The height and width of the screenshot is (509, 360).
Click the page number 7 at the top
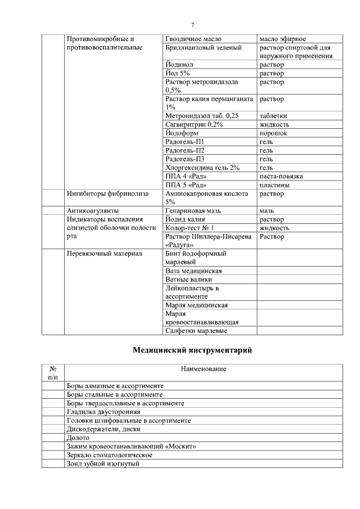pyautogui.click(x=192, y=25)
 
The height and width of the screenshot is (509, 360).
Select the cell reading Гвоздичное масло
pyautogui.click(x=193, y=39)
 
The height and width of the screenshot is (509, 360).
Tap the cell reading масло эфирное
pyautogui.click(x=282, y=39)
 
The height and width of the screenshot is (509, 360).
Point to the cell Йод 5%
pyautogui.click(x=178, y=74)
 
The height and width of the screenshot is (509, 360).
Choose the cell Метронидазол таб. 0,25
pyautogui.click(x=202, y=116)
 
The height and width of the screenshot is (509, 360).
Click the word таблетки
pyautogui.click(x=273, y=116)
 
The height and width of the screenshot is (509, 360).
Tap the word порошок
pyautogui.click(x=273, y=133)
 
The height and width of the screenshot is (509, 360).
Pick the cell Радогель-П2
pyautogui.click(x=185, y=150)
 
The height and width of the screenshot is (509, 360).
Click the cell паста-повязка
pyautogui.click(x=281, y=176)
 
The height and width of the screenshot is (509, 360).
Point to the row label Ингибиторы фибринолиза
pyautogui.click(x=107, y=194)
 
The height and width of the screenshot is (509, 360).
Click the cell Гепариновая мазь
pyautogui.click(x=193, y=210)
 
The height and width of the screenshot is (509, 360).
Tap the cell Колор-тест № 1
pyautogui.click(x=190, y=228)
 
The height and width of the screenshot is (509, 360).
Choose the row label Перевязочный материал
pyautogui.click(x=105, y=254)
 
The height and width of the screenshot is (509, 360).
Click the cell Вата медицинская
pyautogui.click(x=193, y=271)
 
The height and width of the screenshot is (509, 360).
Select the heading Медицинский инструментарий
pyautogui.click(x=192, y=350)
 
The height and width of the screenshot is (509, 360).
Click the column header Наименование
pyautogui.click(x=204, y=369)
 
